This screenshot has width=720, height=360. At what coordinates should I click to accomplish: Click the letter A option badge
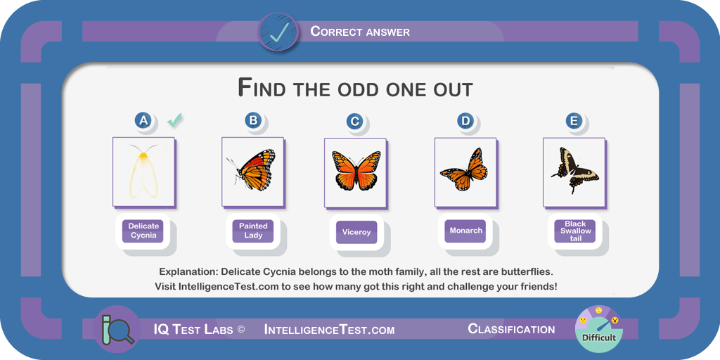click(143, 120)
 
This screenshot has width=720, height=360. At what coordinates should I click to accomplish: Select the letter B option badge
click(253, 120)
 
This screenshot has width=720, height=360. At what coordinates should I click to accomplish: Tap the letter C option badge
click(354, 121)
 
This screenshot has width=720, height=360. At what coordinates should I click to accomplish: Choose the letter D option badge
click(465, 121)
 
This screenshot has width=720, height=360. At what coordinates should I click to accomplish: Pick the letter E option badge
click(574, 121)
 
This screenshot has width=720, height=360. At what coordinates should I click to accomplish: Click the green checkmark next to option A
click(174, 120)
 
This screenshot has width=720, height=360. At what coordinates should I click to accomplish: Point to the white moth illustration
click(143, 171)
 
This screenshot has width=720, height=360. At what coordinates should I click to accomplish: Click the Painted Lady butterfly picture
click(251, 169)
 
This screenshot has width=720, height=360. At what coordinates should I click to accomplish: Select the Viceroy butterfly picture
click(356, 170)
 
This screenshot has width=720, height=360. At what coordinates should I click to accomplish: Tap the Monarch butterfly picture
click(464, 169)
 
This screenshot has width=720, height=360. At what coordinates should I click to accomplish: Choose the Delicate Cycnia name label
click(143, 231)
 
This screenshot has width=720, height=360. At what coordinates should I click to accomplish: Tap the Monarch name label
click(466, 231)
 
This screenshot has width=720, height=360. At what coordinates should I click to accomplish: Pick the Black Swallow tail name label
click(575, 231)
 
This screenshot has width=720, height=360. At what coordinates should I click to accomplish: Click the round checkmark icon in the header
click(279, 32)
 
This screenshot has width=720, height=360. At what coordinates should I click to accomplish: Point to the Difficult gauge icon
click(599, 329)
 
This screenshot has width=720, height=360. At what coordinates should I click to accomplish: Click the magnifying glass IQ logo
click(116, 329)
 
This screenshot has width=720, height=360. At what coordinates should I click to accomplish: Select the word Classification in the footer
click(511, 329)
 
